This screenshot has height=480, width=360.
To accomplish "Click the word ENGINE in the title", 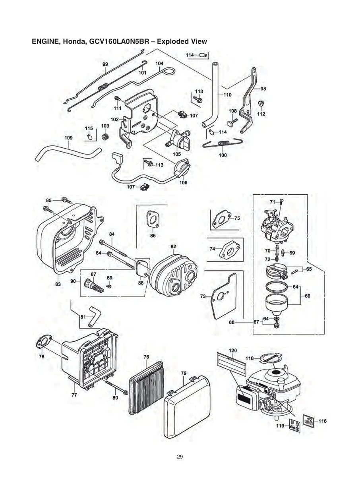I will (45, 41).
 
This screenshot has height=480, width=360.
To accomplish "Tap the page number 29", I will (180, 457).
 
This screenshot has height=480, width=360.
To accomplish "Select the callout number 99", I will (105, 64).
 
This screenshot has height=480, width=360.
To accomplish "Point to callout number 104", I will (159, 64).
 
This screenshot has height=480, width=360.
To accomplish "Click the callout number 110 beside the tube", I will (227, 95).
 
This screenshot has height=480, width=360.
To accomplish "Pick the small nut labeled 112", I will (261, 104).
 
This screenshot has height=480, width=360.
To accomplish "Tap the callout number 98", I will (263, 89).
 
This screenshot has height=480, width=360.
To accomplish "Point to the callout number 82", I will (173, 246).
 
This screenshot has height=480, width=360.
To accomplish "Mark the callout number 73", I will (203, 296).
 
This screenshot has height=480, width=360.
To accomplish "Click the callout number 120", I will (233, 350).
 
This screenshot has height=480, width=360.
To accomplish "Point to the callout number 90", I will (73, 281).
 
